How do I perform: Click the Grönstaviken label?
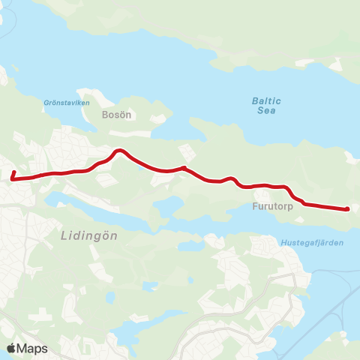coord(67,103)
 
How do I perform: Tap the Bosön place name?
coord(116,115)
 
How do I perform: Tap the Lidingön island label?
coord(88,235)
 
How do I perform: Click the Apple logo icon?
coord(11,348)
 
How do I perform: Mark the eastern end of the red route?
coord(347,209)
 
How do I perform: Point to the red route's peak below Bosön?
coord(118,151)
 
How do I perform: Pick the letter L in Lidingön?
coord(62,235)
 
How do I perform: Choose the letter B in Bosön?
coord(105,115)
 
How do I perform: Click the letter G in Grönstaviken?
coord(47,103)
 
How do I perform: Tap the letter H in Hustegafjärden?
coord(283,243)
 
